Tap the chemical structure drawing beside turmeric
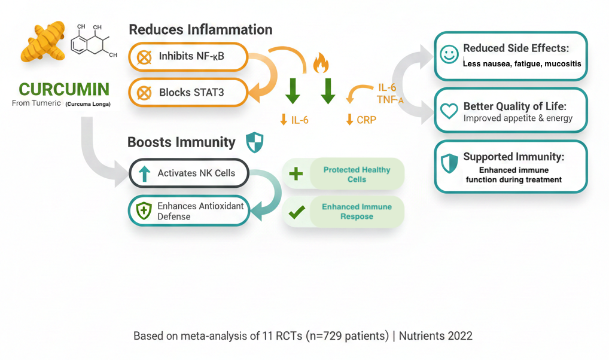93,42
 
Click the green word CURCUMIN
64,90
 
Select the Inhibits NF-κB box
188,57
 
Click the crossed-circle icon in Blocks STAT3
144,93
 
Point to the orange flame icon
321,62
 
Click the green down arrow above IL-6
293,90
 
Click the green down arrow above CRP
327,90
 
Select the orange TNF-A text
390,100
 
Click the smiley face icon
449,55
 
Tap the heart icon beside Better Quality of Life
449,111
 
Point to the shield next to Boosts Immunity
254,142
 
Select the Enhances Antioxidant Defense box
189,211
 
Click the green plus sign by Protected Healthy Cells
296,174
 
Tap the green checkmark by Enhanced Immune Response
297,212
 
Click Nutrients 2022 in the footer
436,336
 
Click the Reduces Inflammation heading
200,29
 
